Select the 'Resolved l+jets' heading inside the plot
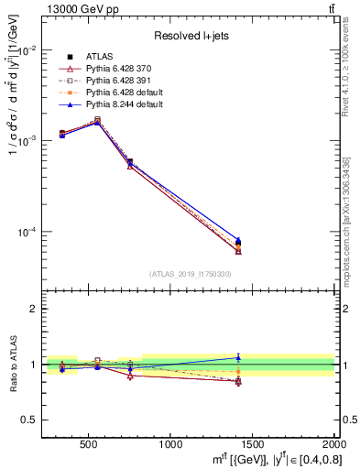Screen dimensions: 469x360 (190, 36)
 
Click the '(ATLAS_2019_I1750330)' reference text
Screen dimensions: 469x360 (190, 274)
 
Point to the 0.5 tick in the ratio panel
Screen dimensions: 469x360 (32, 420)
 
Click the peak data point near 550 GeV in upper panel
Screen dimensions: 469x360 (98, 120)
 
